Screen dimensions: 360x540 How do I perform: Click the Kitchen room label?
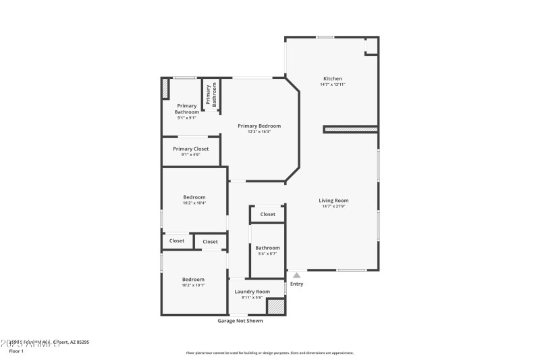click(332, 78)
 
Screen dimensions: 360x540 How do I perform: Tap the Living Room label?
click(333, 200)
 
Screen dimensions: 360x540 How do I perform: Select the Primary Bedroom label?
click(259, 126)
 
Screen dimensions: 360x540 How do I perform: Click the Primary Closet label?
click(190, 149)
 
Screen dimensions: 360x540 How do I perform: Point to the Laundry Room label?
click(252, 292)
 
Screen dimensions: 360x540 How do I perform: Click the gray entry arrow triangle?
click(296, 275)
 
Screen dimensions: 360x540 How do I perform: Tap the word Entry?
click(296, 284)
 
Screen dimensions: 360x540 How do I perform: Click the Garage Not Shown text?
click(240, 321)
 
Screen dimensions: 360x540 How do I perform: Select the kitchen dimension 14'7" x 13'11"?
click(332, 84)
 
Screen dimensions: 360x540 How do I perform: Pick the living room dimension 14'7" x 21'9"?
click(333, 206)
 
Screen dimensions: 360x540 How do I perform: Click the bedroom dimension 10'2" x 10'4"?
click(194, 203)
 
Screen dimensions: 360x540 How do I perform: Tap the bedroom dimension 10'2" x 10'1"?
click(194, 286)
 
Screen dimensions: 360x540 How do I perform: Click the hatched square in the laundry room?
click(276, 306)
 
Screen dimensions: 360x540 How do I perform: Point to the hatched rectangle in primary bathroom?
click(164, 90)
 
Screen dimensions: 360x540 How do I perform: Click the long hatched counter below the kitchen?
click(350, 128)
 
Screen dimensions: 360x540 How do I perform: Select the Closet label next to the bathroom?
click(268, 214)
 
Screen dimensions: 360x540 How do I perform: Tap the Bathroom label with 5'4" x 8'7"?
click(267, 248)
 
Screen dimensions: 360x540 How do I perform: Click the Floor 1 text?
click(16, 351)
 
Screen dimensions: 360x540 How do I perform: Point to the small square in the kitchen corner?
click(371, 45)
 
